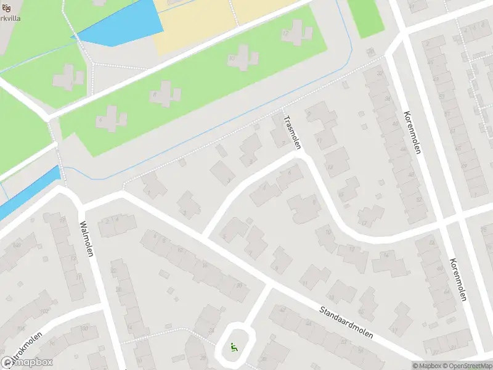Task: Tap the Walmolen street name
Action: [x=86, y=240]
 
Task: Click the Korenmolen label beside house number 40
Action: [x=412, y=132]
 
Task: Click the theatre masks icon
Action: [x=6, y=8]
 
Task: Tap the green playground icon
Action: [x=233, y=348]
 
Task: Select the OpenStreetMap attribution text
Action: [x=468, y=366]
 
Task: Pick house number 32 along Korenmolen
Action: [x=380, y=73]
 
